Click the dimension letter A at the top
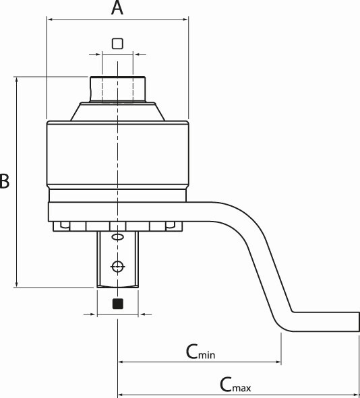coord(117,7)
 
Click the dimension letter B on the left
coord(4,181)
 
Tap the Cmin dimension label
coord(200,352)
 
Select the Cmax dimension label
coord(235,385)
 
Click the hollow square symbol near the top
coord(117,44)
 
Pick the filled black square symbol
coord(117,304)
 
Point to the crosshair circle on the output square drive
coord(117,267)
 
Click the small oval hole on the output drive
coord(117,237)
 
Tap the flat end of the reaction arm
coord(359,322)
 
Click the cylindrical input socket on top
coord(117,90)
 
